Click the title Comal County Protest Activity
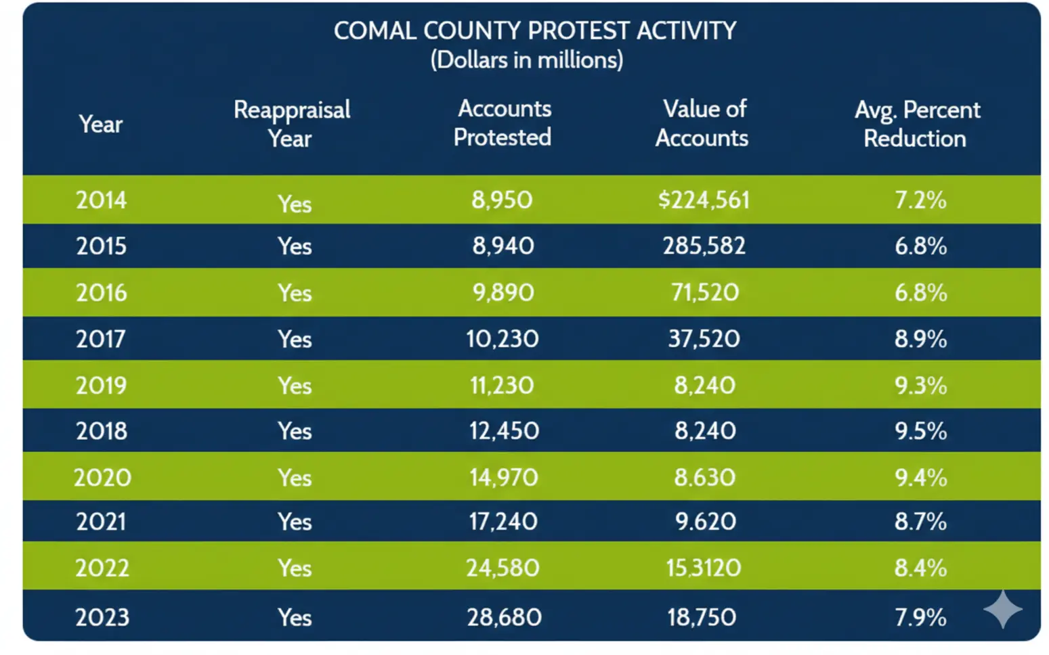point(534,31)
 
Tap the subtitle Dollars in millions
point(527,60)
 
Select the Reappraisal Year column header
point(291,124)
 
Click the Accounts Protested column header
point(502,123)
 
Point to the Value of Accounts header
point(702,123)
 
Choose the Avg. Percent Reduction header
point(916,124)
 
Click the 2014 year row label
point(101,200)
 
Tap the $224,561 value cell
point(704,200)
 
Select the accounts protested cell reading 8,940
point(502,246)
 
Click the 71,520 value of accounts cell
point(704,292)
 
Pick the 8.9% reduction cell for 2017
point(920,338)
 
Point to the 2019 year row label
point(101,385)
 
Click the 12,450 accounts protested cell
point(504,431)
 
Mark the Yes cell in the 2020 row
point(295,478)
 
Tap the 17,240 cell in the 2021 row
point(503,521)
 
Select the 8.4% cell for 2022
point(920,568)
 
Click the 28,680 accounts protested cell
point(504,617)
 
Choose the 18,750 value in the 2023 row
point(702,617)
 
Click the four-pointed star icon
point(1002,608)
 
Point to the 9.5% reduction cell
point(920,431)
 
